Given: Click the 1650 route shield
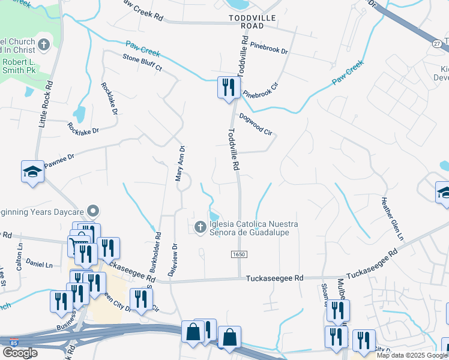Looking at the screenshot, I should (x=239, y=254).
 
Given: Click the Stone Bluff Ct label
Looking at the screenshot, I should (x=142, y=63).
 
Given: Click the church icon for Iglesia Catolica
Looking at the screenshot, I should (x=200, y=227).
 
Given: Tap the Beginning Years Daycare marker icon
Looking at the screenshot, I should (x=92, y=211).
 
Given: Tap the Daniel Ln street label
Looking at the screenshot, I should (x=40, y=264).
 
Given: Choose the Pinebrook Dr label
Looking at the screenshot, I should (x=269, y=48).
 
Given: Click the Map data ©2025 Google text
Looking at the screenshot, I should (x=412, y=355).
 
